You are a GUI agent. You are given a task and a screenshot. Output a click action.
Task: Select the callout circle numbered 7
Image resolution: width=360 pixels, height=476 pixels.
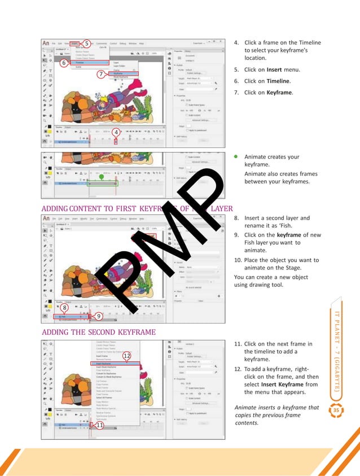coord(101,74)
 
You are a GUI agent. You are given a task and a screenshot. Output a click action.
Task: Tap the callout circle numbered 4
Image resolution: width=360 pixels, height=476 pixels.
coord(116,132)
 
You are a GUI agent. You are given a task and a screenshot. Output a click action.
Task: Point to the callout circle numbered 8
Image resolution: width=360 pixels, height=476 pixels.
coord(64,307)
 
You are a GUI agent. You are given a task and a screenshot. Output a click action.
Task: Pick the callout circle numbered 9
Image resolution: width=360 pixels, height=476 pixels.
coord(99,316)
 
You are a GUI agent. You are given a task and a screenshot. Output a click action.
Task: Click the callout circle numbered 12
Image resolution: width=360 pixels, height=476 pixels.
coord(126,355)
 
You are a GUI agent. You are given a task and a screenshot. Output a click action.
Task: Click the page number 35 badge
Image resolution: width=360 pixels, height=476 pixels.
coord(336,410)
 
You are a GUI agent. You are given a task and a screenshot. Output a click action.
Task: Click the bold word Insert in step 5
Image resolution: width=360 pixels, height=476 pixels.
coord(274,70)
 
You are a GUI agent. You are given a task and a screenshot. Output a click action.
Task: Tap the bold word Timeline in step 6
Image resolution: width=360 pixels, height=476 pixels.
coord(278,81)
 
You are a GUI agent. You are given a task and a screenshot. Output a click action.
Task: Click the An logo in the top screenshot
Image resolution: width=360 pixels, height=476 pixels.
coord(47,43)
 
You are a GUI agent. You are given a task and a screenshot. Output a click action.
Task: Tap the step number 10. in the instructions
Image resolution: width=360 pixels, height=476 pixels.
coord(238,260)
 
